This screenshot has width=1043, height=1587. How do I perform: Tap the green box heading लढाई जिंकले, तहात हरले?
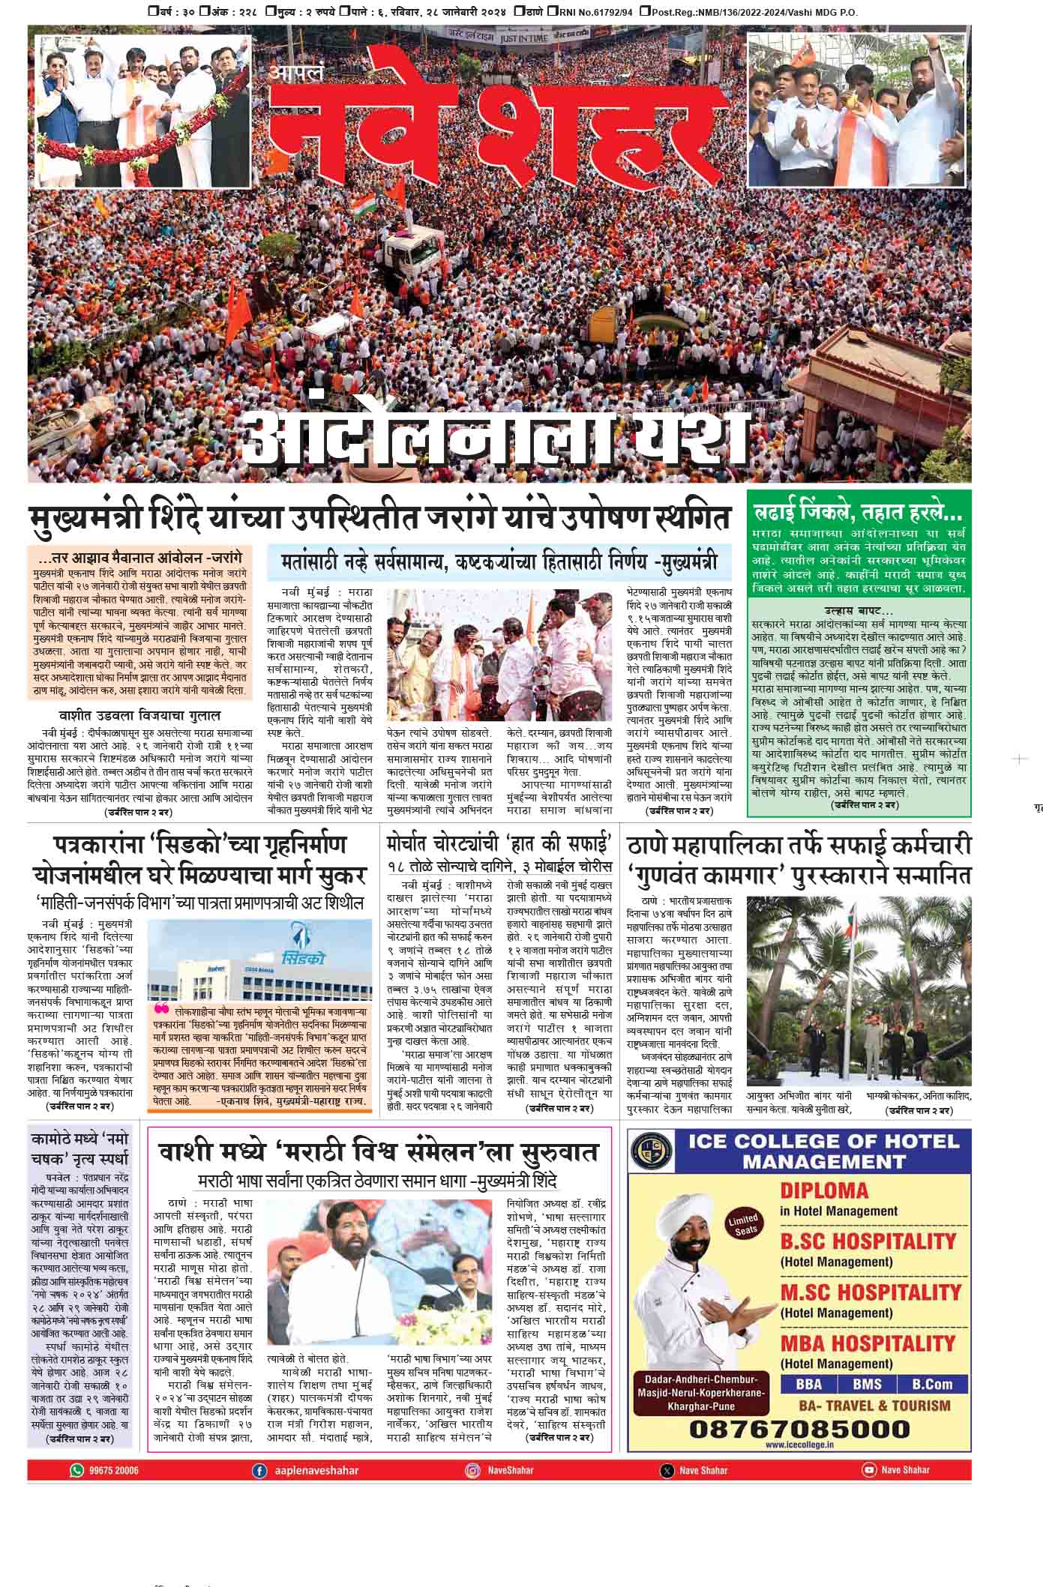(x=858, y=515)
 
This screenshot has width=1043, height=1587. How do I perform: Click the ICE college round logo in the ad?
(x=646, y=1151)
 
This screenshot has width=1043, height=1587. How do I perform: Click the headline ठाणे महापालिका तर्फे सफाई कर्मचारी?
(x=799, y=846)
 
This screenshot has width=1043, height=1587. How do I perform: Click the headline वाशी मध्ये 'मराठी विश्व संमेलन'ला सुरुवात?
(x=379, y=1151)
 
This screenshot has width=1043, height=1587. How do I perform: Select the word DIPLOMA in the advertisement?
(x=824, y=1190)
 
